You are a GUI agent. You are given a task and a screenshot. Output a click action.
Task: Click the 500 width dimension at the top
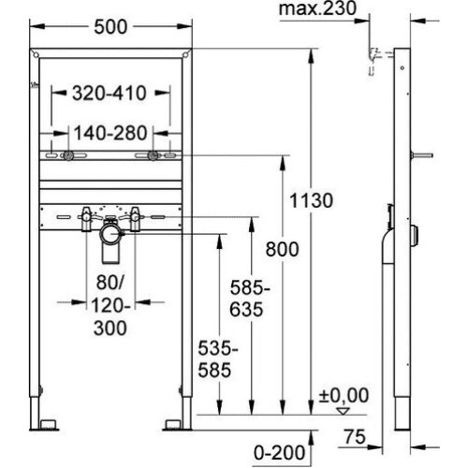pos(110,27)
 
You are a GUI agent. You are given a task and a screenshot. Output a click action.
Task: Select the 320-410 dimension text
pos(110,93)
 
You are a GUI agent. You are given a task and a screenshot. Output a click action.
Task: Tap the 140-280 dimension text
pos(110,133)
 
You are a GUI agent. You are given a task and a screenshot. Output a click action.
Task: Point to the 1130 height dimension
pos(312,200)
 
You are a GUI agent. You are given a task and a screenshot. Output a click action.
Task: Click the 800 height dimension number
pos(282,249)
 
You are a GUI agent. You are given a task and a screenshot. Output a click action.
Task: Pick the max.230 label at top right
pos(317,8)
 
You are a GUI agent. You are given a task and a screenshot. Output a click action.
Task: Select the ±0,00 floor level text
pos(344,395)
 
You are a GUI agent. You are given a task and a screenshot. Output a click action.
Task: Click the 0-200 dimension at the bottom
pos(279,453)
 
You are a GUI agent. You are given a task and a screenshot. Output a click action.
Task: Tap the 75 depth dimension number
pos(355,437)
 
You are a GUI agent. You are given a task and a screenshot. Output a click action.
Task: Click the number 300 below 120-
pos(110,328)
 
